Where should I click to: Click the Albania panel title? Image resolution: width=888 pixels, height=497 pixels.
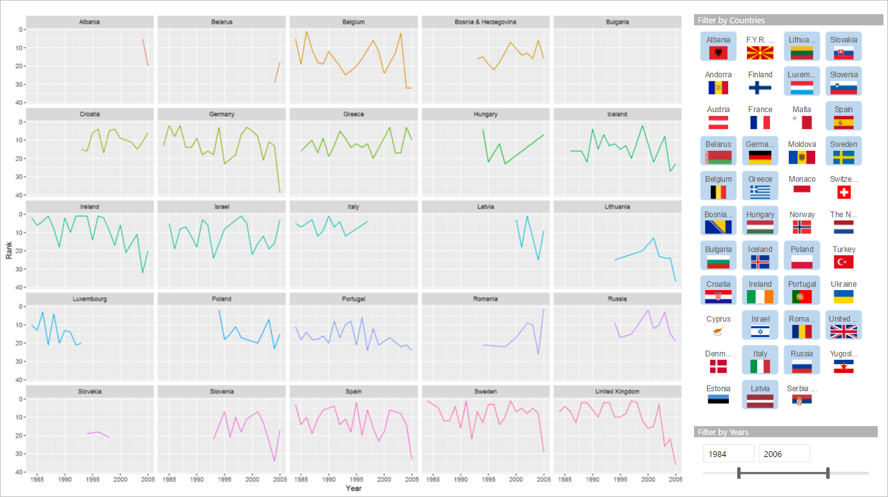[x=90, y=22]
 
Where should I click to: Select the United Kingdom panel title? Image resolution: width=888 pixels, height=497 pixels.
[x=617, y=391]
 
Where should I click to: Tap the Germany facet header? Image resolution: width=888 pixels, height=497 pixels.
[x=222, y=114]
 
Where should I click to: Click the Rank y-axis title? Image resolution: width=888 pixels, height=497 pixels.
[x=9, y=250]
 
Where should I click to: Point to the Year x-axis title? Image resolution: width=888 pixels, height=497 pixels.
[x=353, y=489]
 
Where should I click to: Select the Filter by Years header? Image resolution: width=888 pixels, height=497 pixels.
[x=722, y=432]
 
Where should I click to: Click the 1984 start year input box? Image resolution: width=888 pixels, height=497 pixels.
[x=728, y=454]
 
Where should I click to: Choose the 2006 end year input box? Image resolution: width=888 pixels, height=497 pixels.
[x=784, y=454]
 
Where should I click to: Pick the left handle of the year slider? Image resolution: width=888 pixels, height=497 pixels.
[x=739, y=473]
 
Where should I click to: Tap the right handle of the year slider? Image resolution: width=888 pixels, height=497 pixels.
[x=827, y=473]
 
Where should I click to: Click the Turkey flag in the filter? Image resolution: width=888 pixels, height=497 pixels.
[x=844, y=261]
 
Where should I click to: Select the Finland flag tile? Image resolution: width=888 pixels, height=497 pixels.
[x=760, y=88]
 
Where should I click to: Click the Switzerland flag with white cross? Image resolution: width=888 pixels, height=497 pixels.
[x=844, y=192]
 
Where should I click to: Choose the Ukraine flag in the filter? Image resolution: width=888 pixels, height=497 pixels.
[x=844, y=297]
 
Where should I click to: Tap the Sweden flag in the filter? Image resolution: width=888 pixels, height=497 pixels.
[x=844, y=157]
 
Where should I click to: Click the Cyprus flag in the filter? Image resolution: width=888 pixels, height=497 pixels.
[x=718, y=331]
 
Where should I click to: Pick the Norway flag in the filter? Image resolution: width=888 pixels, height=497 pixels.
[x=802, y=227]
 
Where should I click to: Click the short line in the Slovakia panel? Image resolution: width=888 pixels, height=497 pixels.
[x=99, y=433]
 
